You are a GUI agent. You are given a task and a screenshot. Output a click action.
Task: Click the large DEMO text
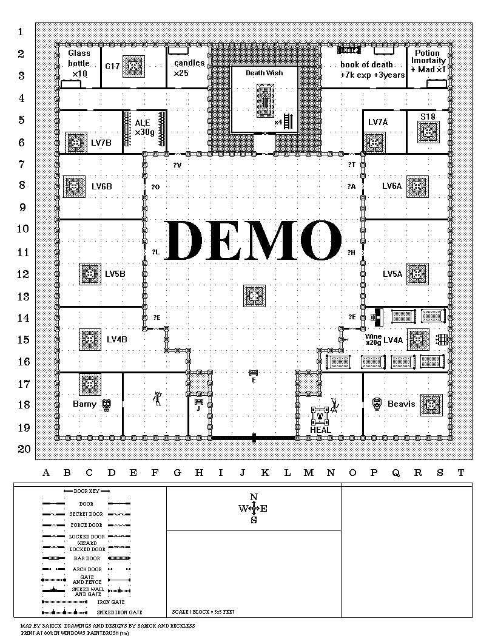[x=254, y=241]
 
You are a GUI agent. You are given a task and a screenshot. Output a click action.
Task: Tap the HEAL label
[x=320, y=430]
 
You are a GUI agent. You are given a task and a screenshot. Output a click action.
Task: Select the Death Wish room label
[x=264, y=73]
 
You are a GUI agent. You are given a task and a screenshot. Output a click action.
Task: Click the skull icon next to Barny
[x=107, y=404]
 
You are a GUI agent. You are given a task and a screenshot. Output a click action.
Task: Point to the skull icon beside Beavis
[x=376, y=404]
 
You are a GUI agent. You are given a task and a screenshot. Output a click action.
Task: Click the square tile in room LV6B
[x=73, y=186]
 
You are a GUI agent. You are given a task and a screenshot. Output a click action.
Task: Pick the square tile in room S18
[x=429, y=131]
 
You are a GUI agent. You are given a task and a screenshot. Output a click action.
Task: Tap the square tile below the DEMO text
[x=254, y=296]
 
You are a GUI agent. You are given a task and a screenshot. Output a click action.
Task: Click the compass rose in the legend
[x=254, y=508]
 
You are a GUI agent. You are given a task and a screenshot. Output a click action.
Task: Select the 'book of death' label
[x=366, y=64]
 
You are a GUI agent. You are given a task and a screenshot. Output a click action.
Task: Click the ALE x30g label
[x=143, y=127]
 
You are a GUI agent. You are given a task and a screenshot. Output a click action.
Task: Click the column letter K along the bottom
[x=265, y=473]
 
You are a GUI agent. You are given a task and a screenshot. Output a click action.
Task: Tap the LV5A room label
[x=392, y=274]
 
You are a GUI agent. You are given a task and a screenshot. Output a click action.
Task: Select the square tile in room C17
[x=133, y=66]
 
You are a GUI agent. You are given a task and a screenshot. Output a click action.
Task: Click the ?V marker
[x=177, y=164]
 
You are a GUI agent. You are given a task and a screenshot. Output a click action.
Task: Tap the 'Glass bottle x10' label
[x=78, y=63]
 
